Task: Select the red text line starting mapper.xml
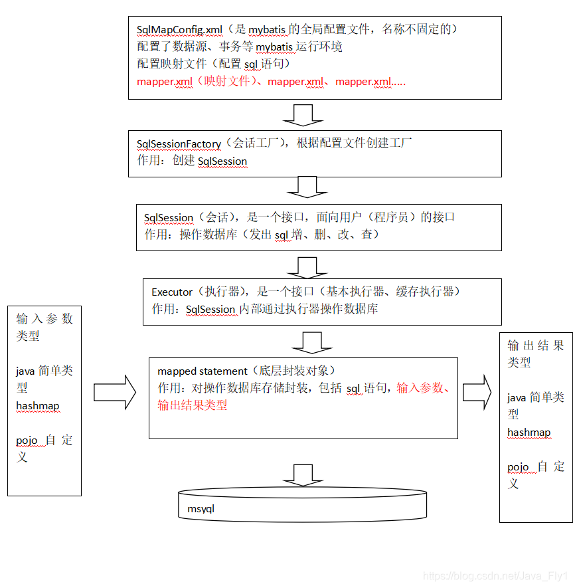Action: [271, 82]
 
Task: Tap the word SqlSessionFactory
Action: [178, 144]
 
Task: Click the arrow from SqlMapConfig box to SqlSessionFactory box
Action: [303, 115]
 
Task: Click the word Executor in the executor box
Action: [172, 292]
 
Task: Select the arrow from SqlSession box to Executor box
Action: [307, 267]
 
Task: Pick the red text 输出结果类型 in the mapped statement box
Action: [193, 405]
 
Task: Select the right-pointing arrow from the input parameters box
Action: [114, 393]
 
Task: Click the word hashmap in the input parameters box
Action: [38, 406]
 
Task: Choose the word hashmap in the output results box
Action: [529, 433]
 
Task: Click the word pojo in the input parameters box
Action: [27, 441]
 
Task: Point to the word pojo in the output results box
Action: [518, 467]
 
